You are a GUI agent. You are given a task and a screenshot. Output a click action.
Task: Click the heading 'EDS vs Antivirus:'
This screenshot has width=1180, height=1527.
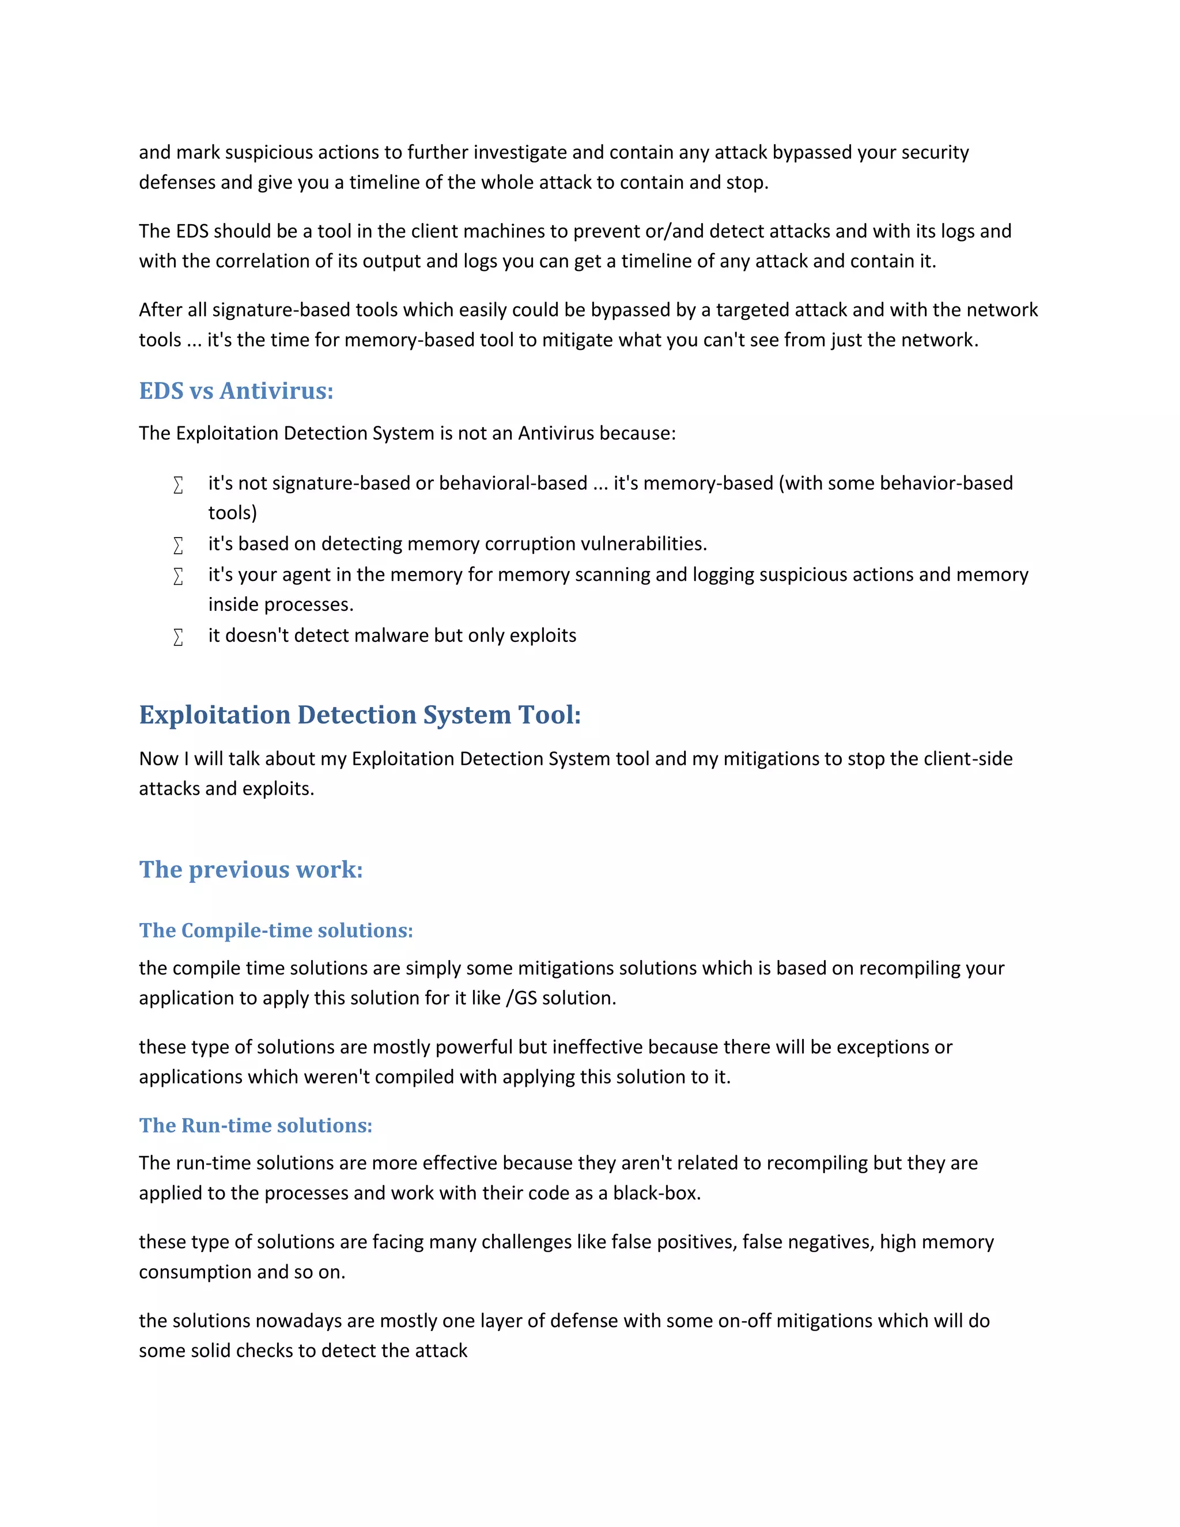click(236, 391)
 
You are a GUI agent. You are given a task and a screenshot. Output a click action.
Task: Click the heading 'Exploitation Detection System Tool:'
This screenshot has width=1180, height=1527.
click(360, 715)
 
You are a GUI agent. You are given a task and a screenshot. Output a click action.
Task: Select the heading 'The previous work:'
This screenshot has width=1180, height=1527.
click(251, 869)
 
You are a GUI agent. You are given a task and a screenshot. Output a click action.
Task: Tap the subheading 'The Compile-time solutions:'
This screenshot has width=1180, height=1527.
click(276, 931)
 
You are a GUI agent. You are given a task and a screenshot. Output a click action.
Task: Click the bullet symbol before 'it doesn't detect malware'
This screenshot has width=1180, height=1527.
click(178, 636)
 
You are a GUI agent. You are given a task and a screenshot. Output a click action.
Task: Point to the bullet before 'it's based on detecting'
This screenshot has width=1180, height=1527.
click(178, 545)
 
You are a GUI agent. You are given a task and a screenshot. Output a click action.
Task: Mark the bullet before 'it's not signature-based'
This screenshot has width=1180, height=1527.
click(178, 484)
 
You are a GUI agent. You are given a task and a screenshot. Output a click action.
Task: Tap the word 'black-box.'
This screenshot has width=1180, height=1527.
click(656, 1193)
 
